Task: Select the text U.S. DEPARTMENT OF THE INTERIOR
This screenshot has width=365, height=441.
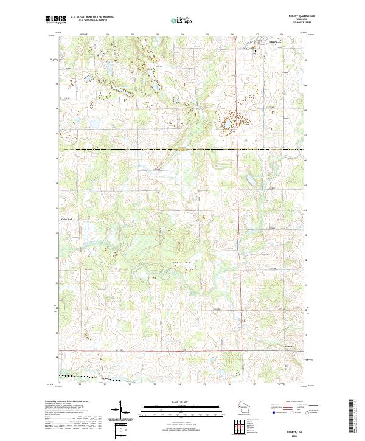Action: point(91,16)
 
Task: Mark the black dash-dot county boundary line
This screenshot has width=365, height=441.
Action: point(182,150)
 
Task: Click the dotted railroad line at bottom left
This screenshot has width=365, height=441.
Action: point(103,380)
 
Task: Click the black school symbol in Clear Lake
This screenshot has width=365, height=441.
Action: point(254,52)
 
